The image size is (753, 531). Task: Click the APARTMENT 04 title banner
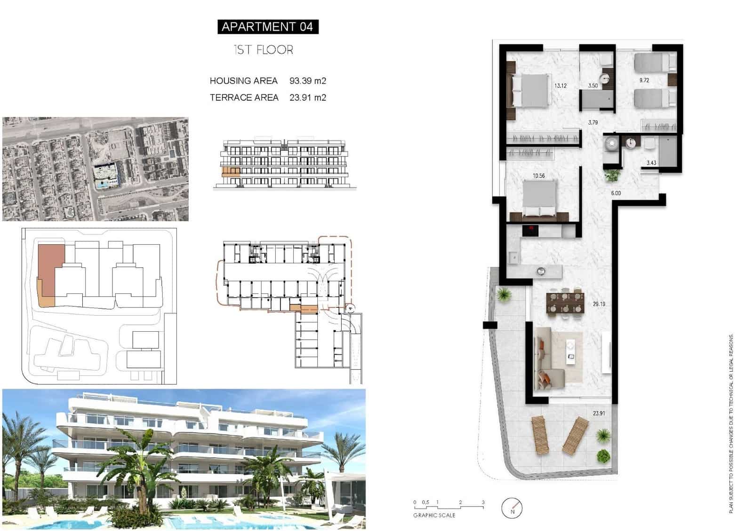point(268,27)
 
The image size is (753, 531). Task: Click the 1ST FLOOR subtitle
point(264,50)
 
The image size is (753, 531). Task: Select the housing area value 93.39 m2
point(307,81)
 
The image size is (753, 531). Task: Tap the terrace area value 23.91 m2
point(307,98)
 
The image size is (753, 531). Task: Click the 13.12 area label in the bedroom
point(560,86)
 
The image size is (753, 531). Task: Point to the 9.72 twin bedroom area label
point(644,80)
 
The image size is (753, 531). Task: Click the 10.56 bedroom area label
point(538,176)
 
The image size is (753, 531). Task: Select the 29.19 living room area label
point(599,304)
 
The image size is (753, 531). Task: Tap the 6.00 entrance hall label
point(616,193)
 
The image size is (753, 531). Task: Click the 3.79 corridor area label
point(593,123)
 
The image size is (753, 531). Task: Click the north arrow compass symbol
point(512,508)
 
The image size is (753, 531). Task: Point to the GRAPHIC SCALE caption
point(434,515)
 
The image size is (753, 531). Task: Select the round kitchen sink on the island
point(541,271)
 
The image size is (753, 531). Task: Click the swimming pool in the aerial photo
point(102,185)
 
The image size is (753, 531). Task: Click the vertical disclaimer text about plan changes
point(731,423)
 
